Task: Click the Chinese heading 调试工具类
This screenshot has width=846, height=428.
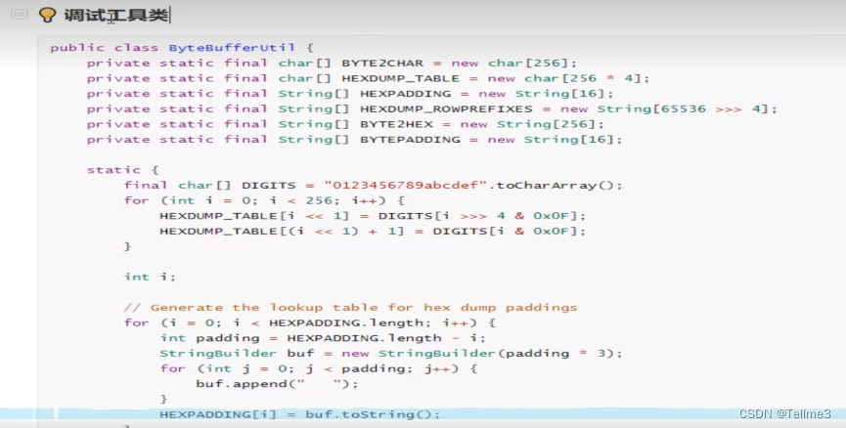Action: (115, 15)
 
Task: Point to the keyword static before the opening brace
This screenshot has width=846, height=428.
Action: (113, 170)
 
